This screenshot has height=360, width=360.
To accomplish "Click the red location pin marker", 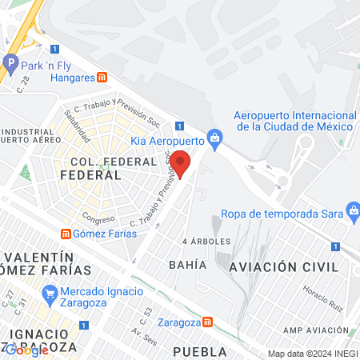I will pos(181,162).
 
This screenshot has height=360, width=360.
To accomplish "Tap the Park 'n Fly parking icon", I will pos(11,62).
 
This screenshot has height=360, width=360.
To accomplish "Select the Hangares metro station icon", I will pos(102,78).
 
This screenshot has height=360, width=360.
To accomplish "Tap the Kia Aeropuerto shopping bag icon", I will pos(214,138).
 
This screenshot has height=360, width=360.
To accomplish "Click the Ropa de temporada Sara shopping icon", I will pos(352,212).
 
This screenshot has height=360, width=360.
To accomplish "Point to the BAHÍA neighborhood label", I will pos(188,264).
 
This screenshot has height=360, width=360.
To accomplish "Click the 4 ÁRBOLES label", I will pos(206,241).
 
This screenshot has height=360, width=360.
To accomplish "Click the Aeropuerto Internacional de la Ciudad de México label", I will pos(293,121).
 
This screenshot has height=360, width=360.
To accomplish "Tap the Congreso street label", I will pos(98,218).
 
